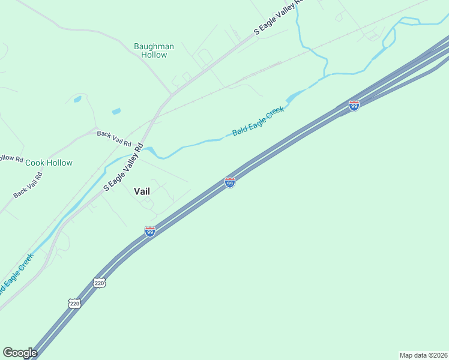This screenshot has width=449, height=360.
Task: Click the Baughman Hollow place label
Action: point(154,50)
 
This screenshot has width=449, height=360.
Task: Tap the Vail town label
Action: point(142,191)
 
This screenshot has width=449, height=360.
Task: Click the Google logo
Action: point(20,353)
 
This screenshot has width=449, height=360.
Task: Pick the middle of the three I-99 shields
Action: point(230,182)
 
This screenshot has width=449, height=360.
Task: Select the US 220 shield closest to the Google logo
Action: point(74,304)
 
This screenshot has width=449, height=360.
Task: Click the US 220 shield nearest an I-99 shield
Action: point(100,282)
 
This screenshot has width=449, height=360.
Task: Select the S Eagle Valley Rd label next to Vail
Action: point(123,167)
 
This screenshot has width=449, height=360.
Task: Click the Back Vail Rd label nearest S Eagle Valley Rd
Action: point(114,138)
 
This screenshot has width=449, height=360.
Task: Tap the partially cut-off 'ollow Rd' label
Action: point(11,159)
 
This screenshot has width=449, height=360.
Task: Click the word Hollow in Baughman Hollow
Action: point(154,55)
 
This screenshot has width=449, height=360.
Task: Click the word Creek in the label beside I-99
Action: point(274,114)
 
